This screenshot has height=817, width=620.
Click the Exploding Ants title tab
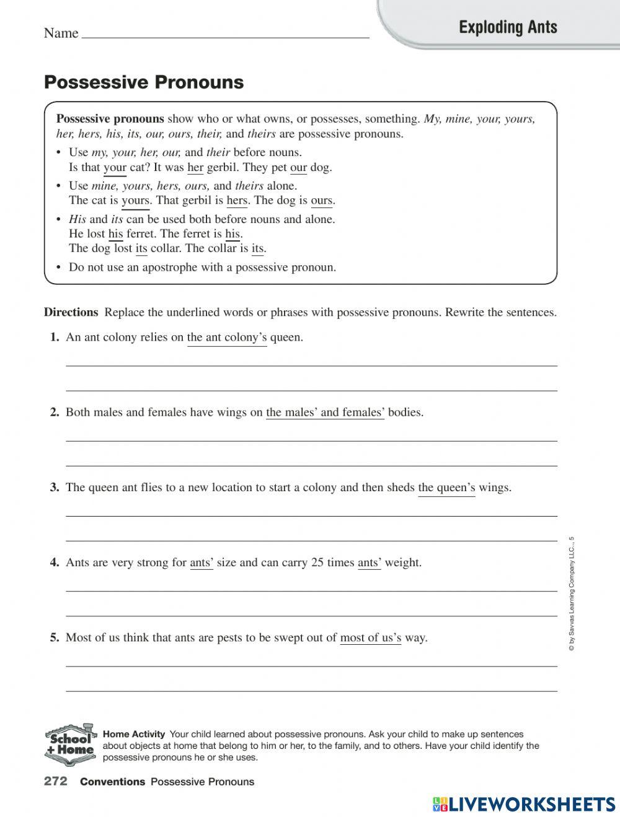508,27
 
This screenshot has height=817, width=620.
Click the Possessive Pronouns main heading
144,82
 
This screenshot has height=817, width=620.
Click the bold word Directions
71,312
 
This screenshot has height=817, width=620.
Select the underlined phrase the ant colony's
227,338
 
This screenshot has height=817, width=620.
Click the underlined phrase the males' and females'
325,413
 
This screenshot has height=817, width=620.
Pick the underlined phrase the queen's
446,487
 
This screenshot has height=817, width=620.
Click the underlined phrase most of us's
370,638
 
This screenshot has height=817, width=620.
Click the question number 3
55,487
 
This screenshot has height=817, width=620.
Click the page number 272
56,782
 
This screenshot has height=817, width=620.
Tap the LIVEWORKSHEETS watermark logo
524,803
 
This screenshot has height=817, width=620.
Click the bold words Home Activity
134,734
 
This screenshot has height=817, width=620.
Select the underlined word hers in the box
237,201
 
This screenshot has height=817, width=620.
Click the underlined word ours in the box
321,201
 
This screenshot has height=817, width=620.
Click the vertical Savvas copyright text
572,593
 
